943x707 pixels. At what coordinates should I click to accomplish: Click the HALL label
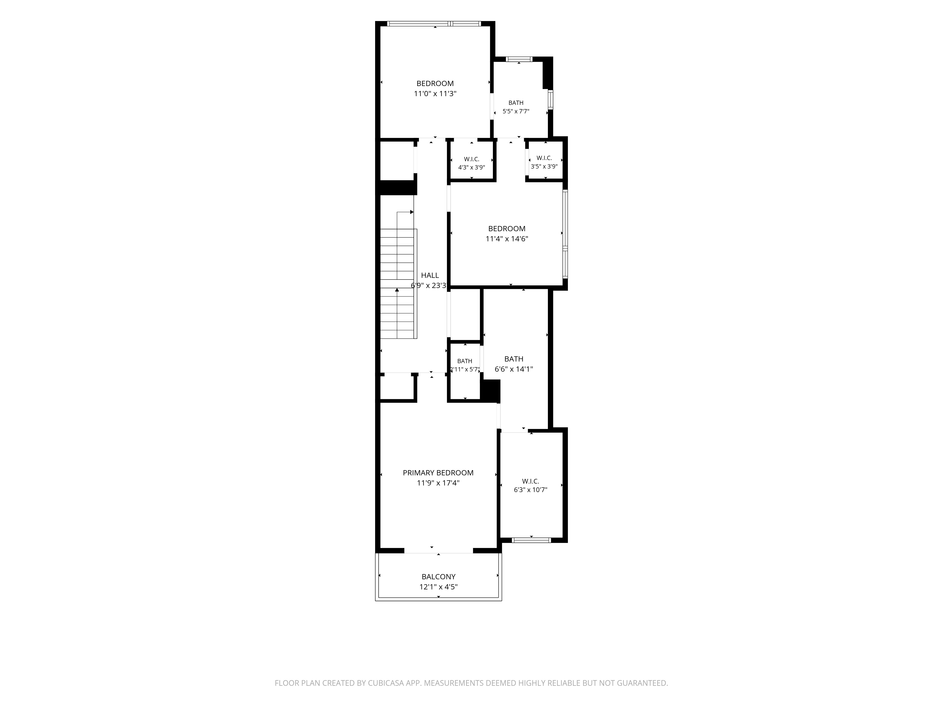coord(430,275)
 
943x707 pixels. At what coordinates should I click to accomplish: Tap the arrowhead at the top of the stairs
coord(412,212)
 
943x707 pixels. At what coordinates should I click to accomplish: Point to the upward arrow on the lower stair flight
coord(397,290)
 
